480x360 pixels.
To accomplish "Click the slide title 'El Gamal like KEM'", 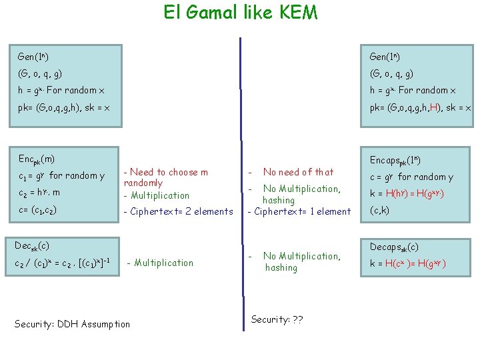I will (241, 13).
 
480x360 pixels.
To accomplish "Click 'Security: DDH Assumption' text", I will (72, 324).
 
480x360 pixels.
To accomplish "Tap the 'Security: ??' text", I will (277, 319).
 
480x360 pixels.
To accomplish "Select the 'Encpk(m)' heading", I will (37, 159).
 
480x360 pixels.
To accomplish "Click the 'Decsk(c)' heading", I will (32, 245).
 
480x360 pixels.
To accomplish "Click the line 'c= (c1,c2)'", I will (37, 210).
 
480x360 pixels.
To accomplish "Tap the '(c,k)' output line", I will (380, 210).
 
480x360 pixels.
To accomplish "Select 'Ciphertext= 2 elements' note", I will (178, 211).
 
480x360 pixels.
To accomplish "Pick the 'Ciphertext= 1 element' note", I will (299, 211).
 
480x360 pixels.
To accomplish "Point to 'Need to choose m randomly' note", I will (166, 177).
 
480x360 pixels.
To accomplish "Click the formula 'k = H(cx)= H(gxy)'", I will (407, 263).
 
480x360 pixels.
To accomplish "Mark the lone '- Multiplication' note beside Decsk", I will (160, 263).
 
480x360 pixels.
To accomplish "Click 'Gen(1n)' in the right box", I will (386, 57).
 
